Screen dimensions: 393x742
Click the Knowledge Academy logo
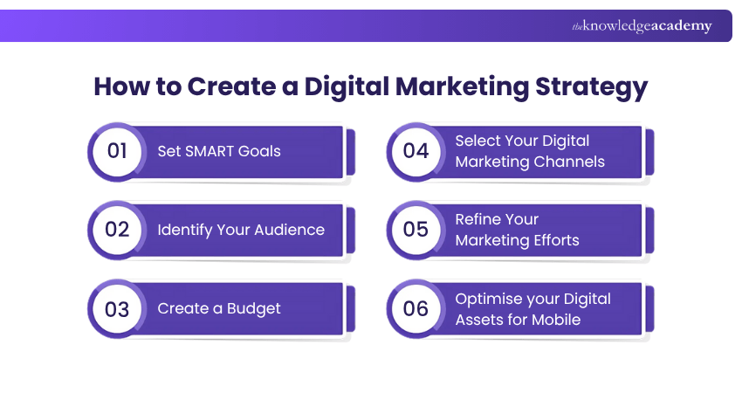coord(642,26)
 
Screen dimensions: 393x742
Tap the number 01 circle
coord(118,151)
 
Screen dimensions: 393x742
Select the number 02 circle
coord(118,230)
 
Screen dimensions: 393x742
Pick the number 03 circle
coord(118,308)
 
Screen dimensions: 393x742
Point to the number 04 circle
coord(416,151)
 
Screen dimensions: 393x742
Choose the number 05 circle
coord(416,230)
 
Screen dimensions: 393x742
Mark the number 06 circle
coord(416,308)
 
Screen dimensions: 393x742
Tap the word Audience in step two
coord(291,230)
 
